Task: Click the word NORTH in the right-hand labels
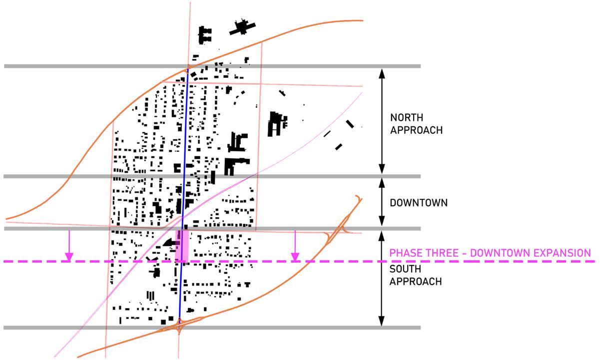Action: [407, 118]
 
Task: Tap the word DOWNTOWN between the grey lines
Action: [419, 203]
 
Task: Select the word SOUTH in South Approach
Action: [405, 269]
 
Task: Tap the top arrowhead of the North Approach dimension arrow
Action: [382, 71]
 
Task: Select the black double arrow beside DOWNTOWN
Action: [382, 202]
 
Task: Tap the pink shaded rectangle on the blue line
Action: [182, 245]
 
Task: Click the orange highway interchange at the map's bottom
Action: [179, 328]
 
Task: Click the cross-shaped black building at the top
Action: [243, 28]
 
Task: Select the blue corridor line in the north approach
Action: [186, 125]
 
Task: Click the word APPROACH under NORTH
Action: [416, 130]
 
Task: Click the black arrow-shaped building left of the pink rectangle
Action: [170, 243]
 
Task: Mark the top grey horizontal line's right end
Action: [419, 66]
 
